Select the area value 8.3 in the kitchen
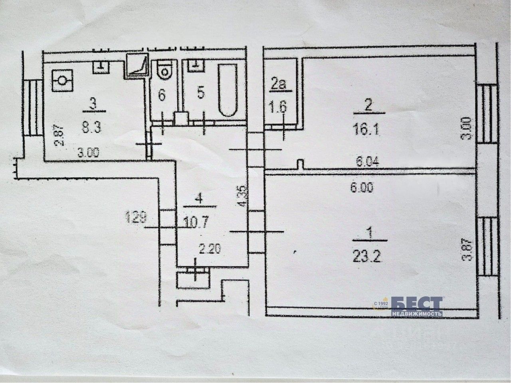[x=92, y=128]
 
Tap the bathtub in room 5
[x=227, y=91]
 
